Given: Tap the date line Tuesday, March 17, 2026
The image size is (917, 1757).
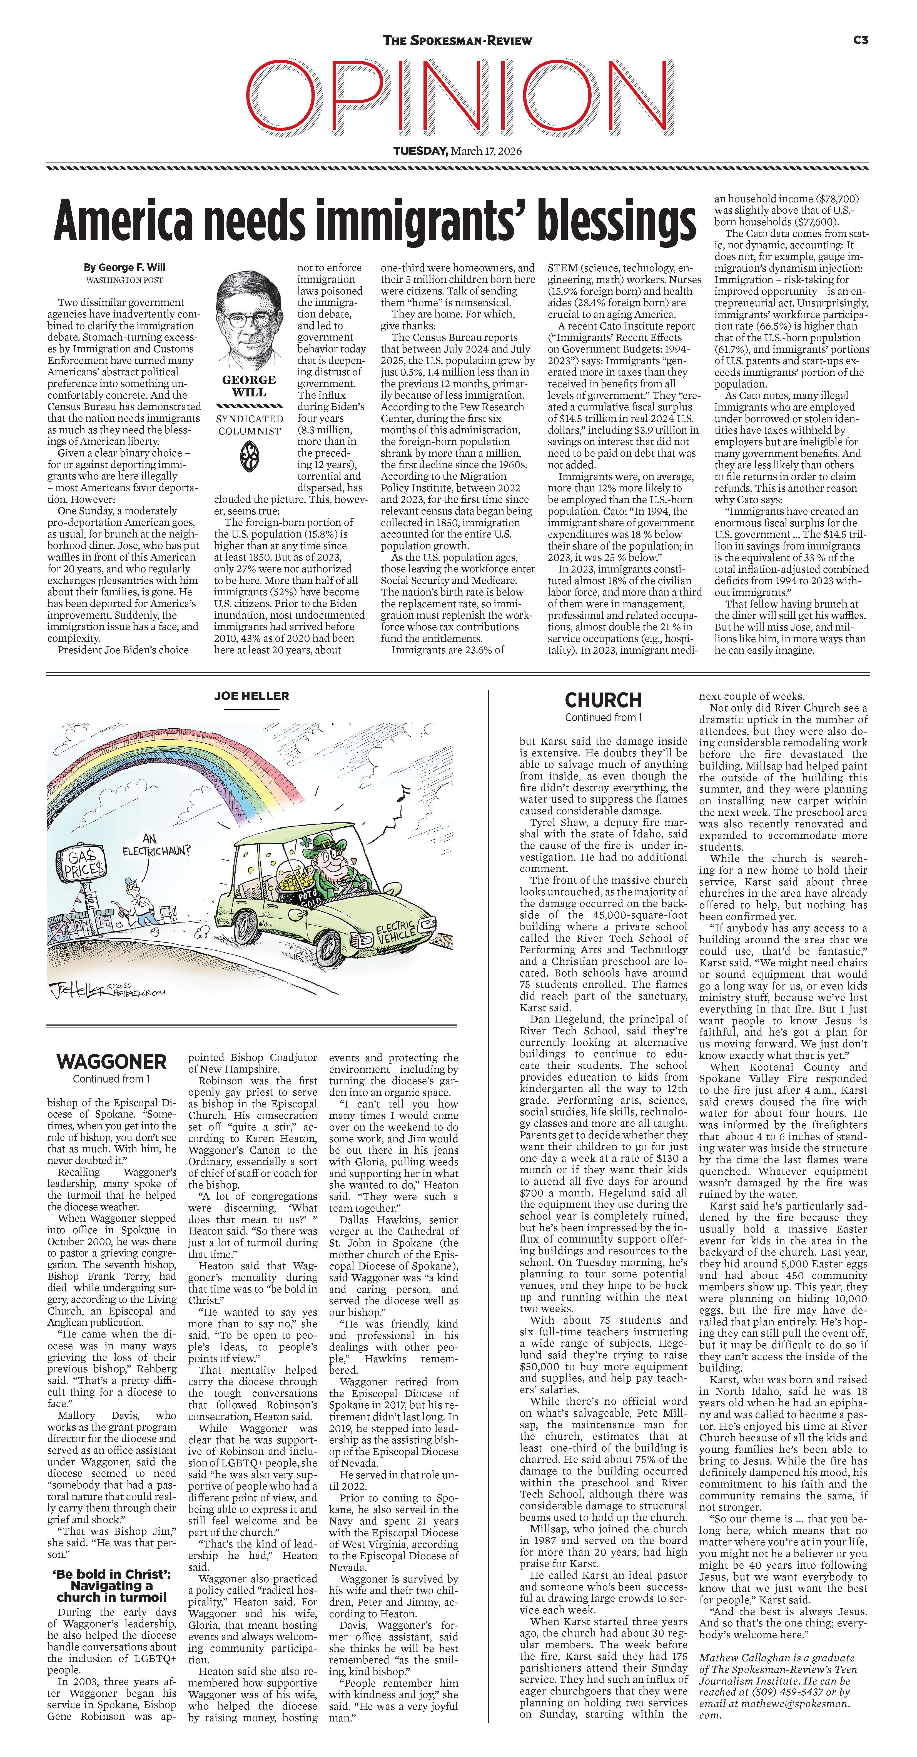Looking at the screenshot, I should [457, 151].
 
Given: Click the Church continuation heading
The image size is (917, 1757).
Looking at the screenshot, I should [603, 700].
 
